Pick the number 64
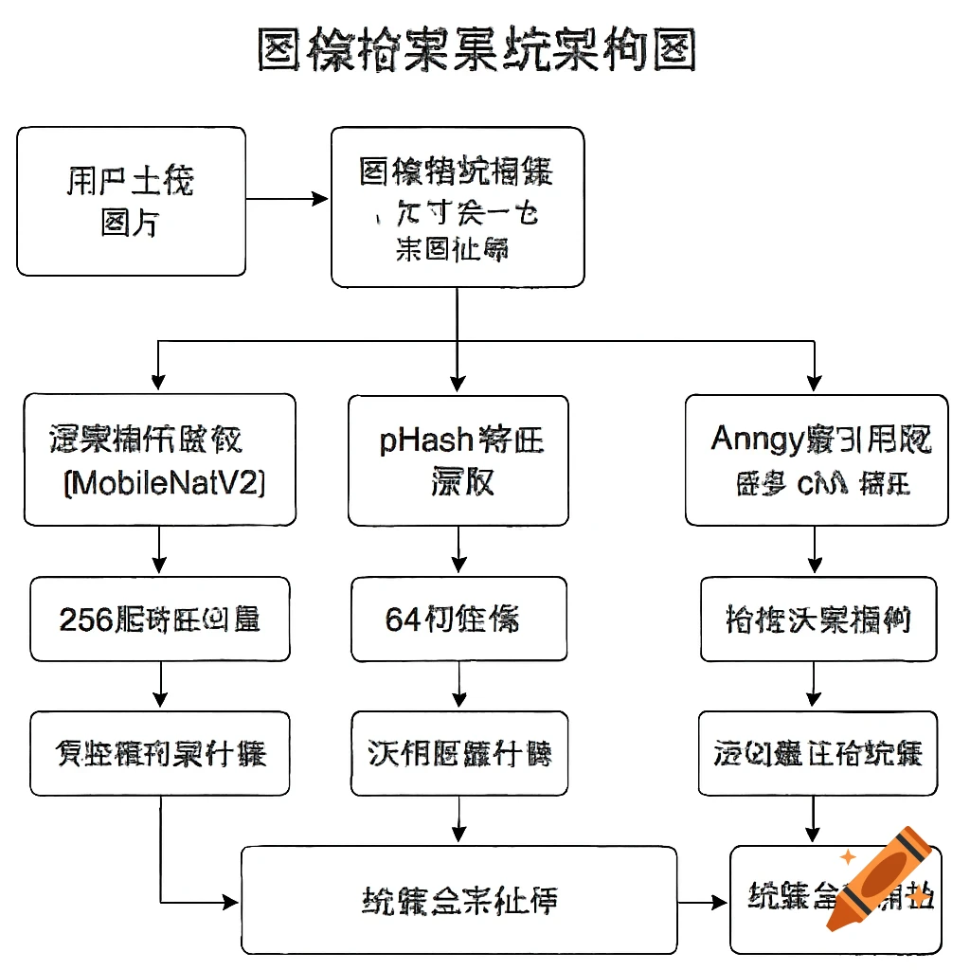coord(404,620)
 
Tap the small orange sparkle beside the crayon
coord(848,856)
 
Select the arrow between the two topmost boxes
coord(287,199)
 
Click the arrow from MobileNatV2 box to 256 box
coord(159,550)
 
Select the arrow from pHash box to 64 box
coord(458,550)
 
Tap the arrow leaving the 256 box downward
coord(160,685)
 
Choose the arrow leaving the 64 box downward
coord(458,685)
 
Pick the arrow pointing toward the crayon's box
coord(703,902)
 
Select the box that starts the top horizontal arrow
coord(131,201)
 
